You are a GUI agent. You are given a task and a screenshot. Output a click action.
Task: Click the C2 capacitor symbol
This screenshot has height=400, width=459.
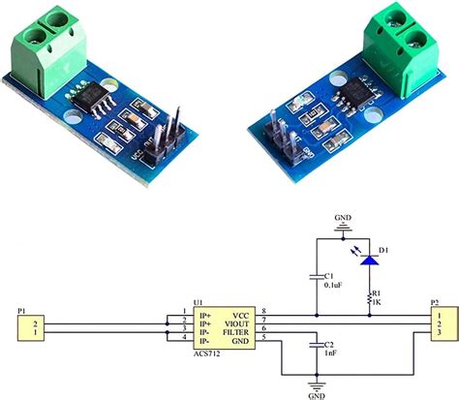[x=317, y=345]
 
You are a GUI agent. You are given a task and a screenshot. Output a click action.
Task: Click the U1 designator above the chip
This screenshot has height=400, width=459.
[x=199, y=301]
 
